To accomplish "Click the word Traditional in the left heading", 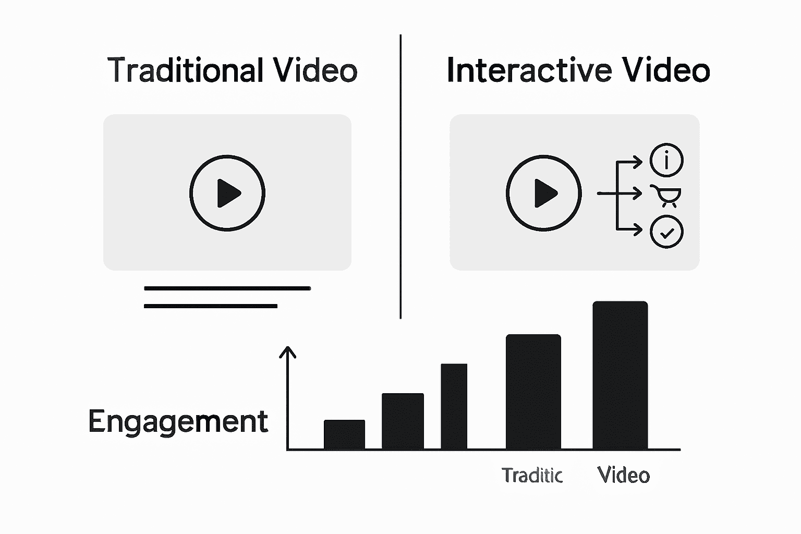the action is (185, 70).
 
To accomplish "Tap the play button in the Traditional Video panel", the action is (227, 193).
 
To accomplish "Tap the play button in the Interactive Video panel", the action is (544, 193).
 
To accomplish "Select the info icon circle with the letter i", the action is (666, 160).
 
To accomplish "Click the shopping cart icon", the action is (666, 195).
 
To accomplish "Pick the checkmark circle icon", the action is (666, 232).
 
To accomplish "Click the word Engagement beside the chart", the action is (178, 421).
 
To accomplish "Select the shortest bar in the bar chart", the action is (344, 434).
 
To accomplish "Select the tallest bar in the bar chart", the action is (620, 375).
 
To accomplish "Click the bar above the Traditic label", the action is (533, 392).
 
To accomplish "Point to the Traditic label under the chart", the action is (532, 475).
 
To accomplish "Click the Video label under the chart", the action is (623, 475).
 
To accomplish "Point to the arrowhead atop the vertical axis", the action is (287, 351).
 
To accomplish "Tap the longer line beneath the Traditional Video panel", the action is (227, 288).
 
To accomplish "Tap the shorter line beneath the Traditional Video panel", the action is (210, 306).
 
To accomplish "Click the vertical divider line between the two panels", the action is (400, 177).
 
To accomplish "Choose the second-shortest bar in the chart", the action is (403, 421).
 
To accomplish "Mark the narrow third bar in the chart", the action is (454, 407).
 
